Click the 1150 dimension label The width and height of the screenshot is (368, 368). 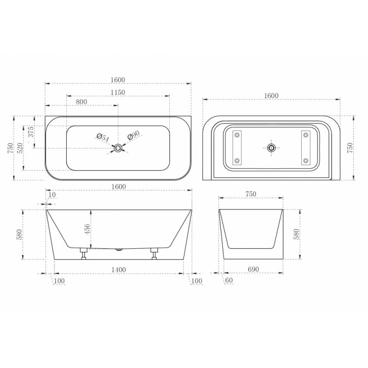coord(118,92)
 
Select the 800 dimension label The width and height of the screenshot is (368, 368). coord(81,102)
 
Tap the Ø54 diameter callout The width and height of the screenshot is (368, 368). coord(103,138)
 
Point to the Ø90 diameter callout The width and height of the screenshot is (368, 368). coord(133,135)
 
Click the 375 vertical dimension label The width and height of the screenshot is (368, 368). coord(31,132)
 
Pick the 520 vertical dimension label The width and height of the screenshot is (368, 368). coord(20,148)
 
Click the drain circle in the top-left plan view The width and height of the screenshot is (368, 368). coord(118,148)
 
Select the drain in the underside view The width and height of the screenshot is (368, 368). coord(271,148)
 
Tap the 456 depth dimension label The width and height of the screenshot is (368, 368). coord(87,229)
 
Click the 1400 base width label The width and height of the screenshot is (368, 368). coord(119,270)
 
